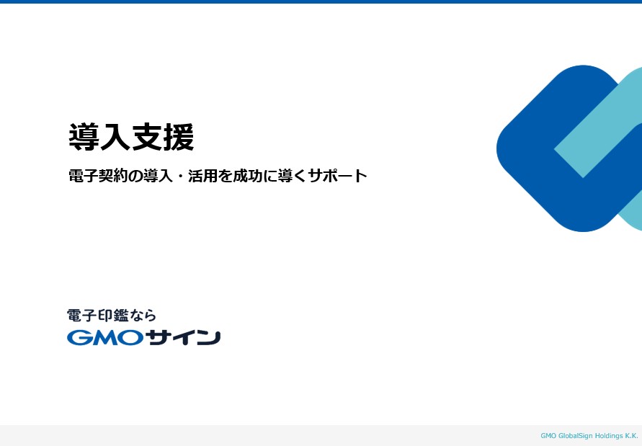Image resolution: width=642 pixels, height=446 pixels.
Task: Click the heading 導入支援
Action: (x=131, y=137)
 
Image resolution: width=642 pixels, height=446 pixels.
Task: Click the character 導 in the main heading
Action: (x=84, y=137)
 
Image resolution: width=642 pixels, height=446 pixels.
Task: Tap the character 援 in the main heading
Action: (x=179, y=137)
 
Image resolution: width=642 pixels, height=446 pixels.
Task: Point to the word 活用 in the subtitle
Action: (x=202, y=176)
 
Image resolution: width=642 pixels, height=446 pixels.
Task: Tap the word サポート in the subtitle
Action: (x=338, y=176)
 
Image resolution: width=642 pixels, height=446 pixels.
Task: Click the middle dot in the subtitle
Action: (x=180, y=177)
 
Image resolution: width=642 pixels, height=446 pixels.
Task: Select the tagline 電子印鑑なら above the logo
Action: (x=112, y=316)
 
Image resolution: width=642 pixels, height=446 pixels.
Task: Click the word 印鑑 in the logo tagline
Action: (x=113, y=316)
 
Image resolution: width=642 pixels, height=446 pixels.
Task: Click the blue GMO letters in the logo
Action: (x=105, y=338)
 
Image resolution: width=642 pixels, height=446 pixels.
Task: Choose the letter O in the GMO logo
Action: (x=131, y=338)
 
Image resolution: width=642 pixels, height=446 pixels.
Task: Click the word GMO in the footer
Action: (x=548, y=436)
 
